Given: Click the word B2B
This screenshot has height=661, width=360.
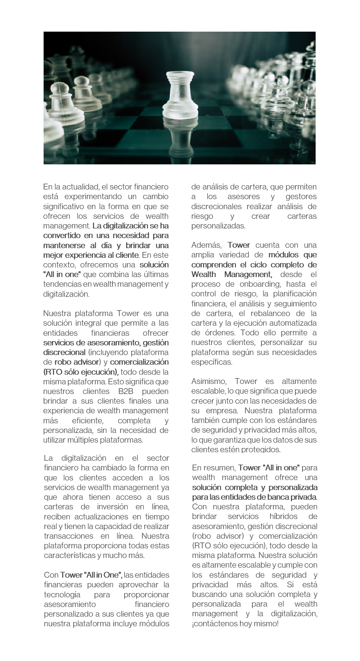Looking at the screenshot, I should [126, 391].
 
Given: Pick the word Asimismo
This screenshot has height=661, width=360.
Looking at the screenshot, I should [210, 381].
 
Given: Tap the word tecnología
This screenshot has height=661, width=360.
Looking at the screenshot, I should [62, 594].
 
